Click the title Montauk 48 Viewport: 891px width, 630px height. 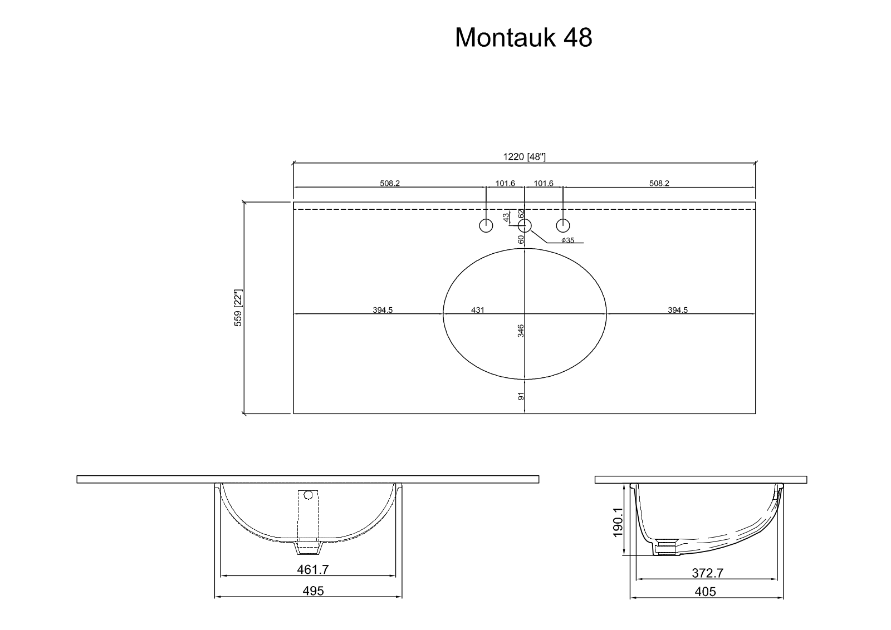pyautogui.click(x=523, y=38)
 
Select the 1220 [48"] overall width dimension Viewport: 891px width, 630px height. pyautogui.click(x=524, y=156)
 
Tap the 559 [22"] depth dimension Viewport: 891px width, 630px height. pyautogui.click(x=238, y=308)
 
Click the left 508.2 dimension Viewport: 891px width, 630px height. pyautogui.click(x=390, y=183)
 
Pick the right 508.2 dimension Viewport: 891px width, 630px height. pyautogui.click(x=659, y=183)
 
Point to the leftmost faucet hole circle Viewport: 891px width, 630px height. pyautogui.click(x=486, y=226)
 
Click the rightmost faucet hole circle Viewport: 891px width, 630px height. pyautogui.click(x=563, y=226)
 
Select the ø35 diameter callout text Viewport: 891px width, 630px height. pyautogui.click(x=567, y=240)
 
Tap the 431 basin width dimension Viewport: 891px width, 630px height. pyautogui.click(x=478, y=310)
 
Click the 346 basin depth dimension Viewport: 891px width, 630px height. pyautogui.click(x=521, y=331)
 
